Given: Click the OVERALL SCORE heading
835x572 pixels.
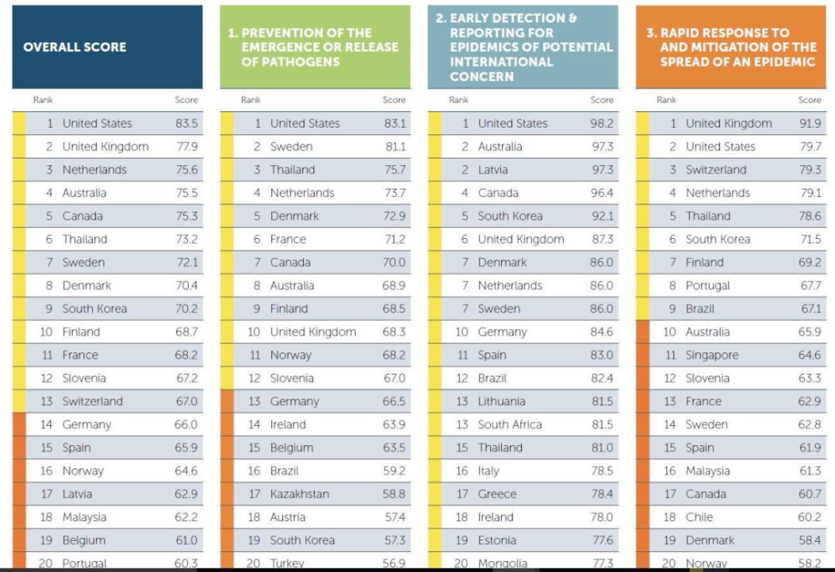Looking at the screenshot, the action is pos(74,47).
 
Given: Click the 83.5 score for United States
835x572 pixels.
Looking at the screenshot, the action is pos(186,124).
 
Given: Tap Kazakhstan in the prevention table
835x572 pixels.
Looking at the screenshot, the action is pos(299,494).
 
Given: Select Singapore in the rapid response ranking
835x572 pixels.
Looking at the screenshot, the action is pos(712,356).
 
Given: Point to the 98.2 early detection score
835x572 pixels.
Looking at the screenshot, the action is pos(602,124).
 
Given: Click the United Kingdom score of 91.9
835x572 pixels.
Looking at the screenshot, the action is pos(810,124).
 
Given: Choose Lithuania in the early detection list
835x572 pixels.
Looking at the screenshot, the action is pos(502,402).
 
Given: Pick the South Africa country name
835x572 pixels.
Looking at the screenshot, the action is pos(509,424).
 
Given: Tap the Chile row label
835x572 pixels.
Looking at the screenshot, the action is pos(699,517).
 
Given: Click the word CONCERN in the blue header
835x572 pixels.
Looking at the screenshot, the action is pos(482,77).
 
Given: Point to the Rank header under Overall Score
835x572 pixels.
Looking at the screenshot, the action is pos(43,99).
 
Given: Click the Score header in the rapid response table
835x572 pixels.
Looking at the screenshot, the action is pos(809,99).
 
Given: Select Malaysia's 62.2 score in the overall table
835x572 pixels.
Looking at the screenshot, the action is pos(186,517).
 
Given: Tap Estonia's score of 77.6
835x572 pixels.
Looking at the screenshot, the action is pos(603,540).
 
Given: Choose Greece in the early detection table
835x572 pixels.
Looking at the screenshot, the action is pos(497,494).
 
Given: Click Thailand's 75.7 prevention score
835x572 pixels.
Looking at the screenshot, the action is pos(395,170).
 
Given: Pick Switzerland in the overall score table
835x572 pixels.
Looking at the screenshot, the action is pos(92,402).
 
